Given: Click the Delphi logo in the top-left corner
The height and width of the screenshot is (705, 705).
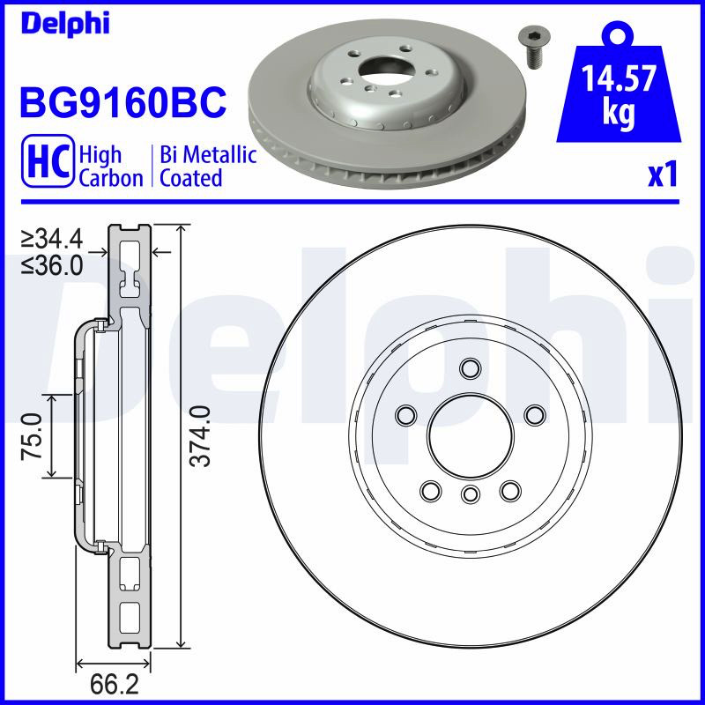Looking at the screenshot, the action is [65, 24].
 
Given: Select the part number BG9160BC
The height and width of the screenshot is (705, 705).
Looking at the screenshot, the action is [122, 102].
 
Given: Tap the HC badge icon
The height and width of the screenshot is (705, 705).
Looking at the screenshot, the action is [48, 160].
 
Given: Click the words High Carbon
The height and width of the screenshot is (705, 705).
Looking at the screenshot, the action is [111, 166].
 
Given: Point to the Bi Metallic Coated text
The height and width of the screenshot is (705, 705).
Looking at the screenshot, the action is [208, 166].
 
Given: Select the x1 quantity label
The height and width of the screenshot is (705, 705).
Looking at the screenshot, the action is [663, 174].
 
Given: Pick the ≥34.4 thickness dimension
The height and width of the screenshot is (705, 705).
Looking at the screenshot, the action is [52, 238].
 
